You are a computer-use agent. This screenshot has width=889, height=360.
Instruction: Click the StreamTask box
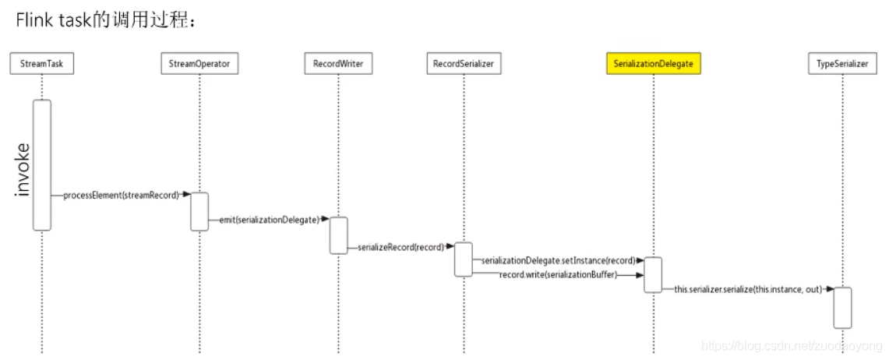(42, 64)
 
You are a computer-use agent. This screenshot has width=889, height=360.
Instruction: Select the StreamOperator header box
(199, 64)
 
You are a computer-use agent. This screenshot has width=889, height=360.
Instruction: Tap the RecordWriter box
(338, 64)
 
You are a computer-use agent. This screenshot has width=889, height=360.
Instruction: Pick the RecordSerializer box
(463, 64)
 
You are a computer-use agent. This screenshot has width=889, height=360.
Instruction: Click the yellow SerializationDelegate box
(653, 64)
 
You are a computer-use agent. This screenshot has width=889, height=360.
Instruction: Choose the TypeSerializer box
(842, 64)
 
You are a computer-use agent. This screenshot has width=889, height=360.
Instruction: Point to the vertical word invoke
(23, 170)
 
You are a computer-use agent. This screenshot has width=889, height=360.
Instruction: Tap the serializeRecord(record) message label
(400, 247)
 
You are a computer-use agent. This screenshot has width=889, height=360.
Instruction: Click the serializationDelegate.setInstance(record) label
(557, 260)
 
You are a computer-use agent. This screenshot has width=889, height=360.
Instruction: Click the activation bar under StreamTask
(42, 164)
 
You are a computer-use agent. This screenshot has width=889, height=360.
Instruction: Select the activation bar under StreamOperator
(199, 211)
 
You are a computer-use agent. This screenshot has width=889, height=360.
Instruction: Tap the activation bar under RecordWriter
(338, 235)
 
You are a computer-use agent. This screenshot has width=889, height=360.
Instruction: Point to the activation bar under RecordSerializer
(464, 259)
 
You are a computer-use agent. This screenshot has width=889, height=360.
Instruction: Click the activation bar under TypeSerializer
(842, 307)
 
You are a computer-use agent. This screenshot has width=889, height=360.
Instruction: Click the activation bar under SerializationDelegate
(653, 274)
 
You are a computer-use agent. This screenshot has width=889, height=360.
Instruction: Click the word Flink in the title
(35, 20)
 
